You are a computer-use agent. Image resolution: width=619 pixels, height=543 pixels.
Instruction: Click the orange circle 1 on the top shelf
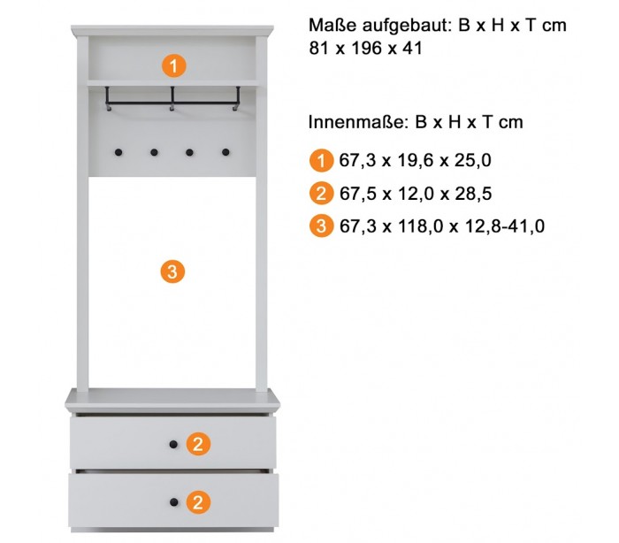[x=174, y=65]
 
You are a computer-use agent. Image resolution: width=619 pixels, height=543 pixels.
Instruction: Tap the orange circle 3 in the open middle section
[x=172, y=271]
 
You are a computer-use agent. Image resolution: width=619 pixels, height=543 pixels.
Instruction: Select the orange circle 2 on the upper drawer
[x=198, y=444]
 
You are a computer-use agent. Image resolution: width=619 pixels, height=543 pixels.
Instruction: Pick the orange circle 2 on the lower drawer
[x=198, y=502]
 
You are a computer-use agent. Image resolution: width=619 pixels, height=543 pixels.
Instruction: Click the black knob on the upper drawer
[x=173, y=444]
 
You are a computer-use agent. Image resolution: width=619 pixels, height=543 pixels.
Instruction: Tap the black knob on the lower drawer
[x=173, y=502]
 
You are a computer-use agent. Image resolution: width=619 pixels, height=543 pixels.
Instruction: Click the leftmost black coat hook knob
[x=118, y=152]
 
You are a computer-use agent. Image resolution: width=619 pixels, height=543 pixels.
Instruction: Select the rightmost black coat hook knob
[x=225, y=152]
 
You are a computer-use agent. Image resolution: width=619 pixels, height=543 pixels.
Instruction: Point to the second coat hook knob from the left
[x=154, y=152]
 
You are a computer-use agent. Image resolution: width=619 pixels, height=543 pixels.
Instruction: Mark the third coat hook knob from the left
[x=189, y=152]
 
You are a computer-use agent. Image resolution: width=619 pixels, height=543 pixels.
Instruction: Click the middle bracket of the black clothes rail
[x=172, y=98]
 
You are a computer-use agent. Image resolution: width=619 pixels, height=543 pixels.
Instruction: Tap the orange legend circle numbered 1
[x=321, y=160]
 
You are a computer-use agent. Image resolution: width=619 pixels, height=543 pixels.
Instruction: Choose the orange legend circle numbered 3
[x=321, y=226]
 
